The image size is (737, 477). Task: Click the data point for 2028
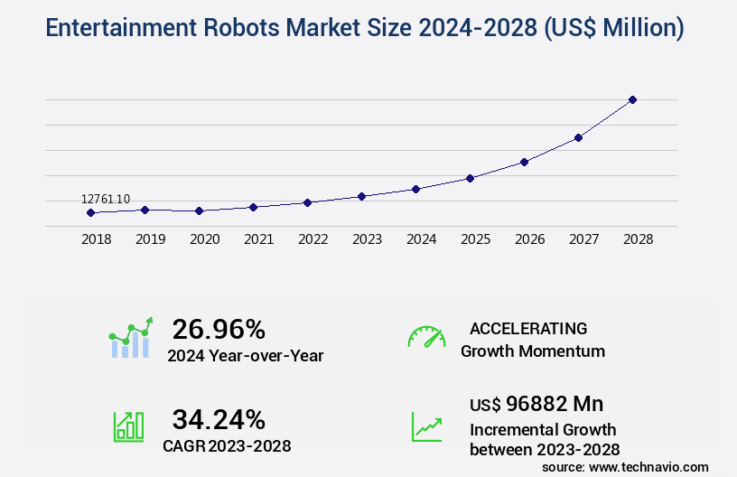632,99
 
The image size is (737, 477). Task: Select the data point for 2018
90,213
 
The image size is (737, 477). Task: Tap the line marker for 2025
470,178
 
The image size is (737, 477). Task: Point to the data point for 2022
307,202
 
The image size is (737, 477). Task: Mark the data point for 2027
578,137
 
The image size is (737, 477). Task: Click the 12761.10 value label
106,199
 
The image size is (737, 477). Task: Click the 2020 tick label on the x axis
205,239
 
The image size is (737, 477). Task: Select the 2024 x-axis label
422,239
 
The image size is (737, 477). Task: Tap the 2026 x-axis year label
530,239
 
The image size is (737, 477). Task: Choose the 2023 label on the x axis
368,239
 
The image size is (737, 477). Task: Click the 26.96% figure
219,328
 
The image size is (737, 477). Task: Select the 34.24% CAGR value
219,419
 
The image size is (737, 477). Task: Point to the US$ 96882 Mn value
536,403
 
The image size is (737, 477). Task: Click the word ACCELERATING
528,328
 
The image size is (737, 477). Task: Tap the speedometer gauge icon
426,337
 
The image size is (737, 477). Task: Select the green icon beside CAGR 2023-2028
128,426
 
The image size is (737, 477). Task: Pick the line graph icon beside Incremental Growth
426,426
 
